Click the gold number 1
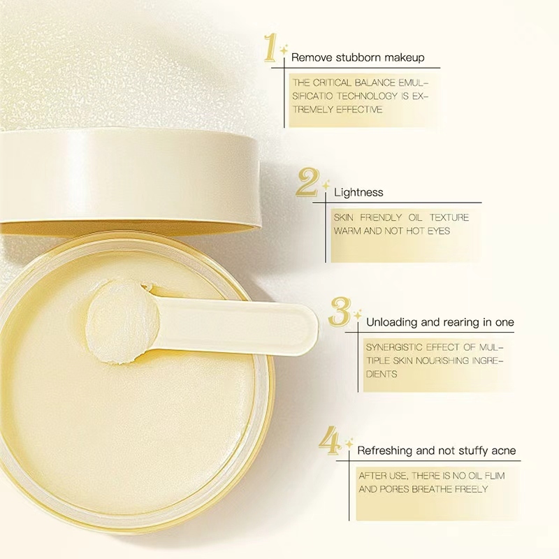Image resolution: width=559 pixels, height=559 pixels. (270, 47)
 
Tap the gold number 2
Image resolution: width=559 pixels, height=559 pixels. (307, 182)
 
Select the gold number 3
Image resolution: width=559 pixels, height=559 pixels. (340, 312)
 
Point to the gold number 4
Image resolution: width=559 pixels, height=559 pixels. (330, 441)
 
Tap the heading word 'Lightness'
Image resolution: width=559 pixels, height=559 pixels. (358, 193)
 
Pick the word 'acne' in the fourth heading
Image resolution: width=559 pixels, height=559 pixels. (504, 451)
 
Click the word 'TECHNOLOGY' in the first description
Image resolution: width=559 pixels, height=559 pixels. (368, 96)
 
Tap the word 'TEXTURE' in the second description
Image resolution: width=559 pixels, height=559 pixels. (449, 217)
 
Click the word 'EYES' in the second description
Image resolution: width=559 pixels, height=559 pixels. (439, 231)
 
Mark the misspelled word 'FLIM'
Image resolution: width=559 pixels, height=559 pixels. (495, 476)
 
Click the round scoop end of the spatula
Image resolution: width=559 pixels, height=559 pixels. (123, 321)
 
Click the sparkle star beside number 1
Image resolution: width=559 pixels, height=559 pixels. (284, 50)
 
